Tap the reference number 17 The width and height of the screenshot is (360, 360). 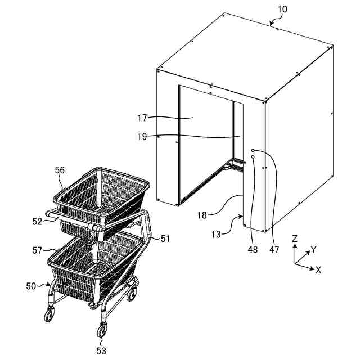(141, 118)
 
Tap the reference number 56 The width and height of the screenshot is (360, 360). (60, 170)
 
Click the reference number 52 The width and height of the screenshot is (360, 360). (37, 222)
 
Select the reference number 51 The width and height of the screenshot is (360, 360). (165, 238)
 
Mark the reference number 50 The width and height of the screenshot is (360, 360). (32, 286)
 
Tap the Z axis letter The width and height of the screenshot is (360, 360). (294, 238)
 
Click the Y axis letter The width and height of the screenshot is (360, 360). (314, 249)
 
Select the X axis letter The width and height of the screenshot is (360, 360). (318, 270)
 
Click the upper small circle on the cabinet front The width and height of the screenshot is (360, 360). (253, 150)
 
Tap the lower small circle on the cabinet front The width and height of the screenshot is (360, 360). (253, 157)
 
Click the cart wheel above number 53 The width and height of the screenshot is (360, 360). (102, 330)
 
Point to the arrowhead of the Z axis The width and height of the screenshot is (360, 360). (294, 246)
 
